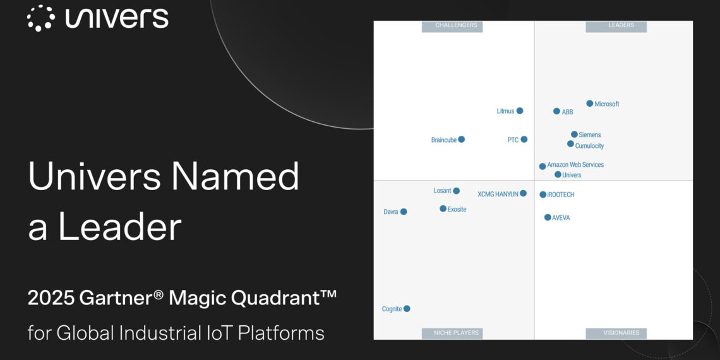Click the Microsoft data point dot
click(x=590, y=104)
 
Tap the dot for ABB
click(x=556, y=111)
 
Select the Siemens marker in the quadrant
click(x=574, y=135)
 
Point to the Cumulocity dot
click(x=570, y=144)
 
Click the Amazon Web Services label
click(x=575, y=165)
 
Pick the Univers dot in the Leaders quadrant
click(x=558, y=174)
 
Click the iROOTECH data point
click(x=543, y=195)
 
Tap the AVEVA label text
click(x=561, y=218)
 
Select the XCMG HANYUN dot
click(x=523, y=193)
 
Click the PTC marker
click(x=524, y=140)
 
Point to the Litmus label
click(x=505, y=111)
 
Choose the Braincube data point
click(x=461, y=140)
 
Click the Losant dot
click(x=456, y=191)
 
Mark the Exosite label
click(x=457, y=209)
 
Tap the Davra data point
click(x=404, y=212)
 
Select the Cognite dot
click(x=407, y=309)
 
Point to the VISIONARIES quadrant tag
click(x=616, y=333)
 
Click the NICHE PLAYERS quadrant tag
click(x=456, y=333)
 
